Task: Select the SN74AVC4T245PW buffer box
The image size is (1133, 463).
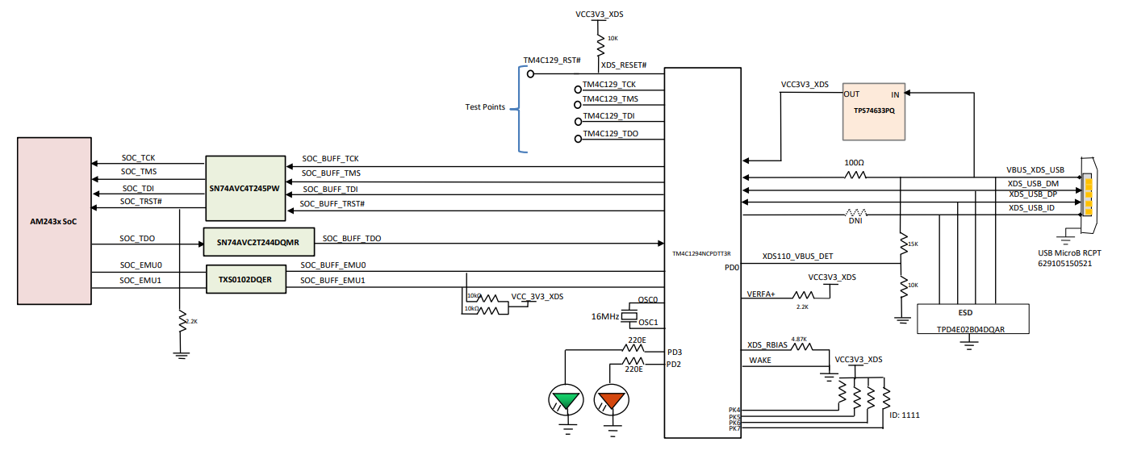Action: pos(245,188)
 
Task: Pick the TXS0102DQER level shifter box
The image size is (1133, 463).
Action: pos(245,278)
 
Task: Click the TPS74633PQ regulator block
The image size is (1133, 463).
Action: pos(873,109)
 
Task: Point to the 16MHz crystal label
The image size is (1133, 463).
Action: pos(605,316)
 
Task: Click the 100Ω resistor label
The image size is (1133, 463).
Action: pos(854,162)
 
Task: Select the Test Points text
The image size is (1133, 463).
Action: pos(485,106)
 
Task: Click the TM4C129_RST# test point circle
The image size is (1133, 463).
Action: pos(531,73)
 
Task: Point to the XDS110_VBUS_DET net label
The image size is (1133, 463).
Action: pos(797,257)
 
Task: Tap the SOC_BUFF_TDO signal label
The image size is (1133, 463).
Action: pos(351,239)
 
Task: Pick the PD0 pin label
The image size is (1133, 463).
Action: pos(732,267)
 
